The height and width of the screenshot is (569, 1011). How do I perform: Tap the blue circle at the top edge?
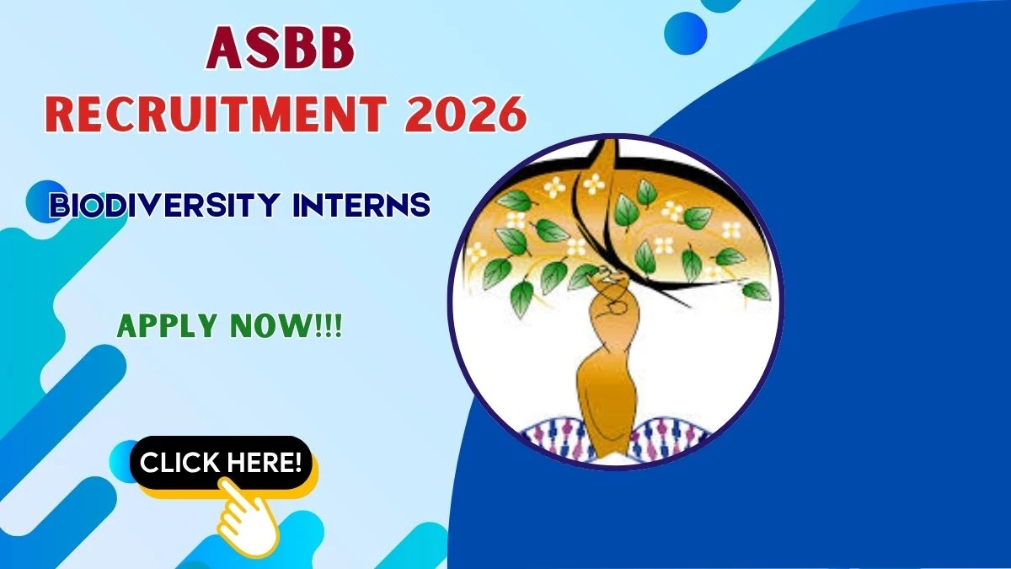[685, 32]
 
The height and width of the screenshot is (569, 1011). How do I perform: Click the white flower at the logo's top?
[594, 183]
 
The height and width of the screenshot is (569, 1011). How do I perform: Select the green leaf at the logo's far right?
[755, 291]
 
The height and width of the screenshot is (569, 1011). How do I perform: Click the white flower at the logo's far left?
[477, 250]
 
